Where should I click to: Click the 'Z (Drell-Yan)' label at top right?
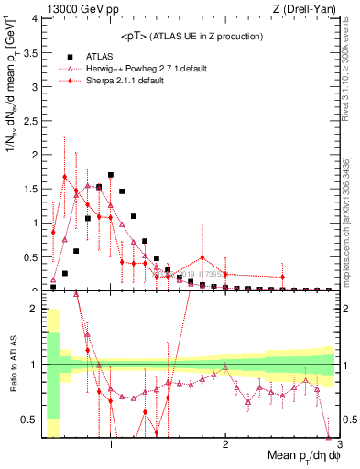[308, 9]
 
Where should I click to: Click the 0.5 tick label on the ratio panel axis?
[30, 420]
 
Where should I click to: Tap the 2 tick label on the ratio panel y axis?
[33, 309]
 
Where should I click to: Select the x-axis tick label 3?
[338, 445]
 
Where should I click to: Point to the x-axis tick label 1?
[111, 445]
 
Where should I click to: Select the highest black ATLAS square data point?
[110, 175]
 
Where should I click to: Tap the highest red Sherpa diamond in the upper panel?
[64, 176]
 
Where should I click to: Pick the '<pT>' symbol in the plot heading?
[135, 37]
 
